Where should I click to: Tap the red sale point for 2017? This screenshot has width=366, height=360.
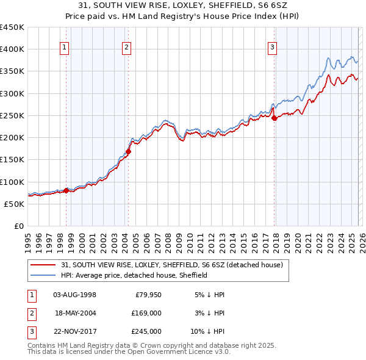[274, 118]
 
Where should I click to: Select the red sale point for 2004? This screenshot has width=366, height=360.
[129, 151]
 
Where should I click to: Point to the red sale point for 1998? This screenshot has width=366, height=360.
[66, 190]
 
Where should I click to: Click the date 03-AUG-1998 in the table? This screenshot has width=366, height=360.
[74, 295]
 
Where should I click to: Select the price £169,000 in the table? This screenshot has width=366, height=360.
[147, 313]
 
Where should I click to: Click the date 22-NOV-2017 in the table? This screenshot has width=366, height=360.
[74, 331]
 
